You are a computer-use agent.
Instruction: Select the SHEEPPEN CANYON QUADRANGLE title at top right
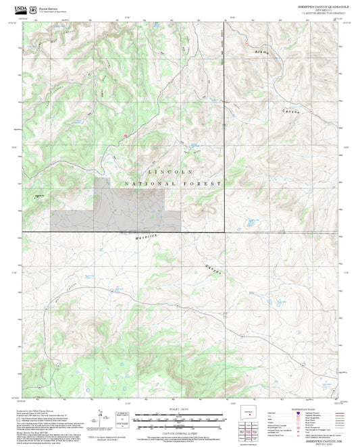[324, 5]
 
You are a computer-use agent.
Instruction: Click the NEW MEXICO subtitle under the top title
[324, 9]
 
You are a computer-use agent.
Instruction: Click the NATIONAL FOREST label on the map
[174, 184]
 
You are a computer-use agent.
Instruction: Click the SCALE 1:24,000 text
[179, 410]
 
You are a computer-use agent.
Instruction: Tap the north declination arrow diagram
[102, 417]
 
